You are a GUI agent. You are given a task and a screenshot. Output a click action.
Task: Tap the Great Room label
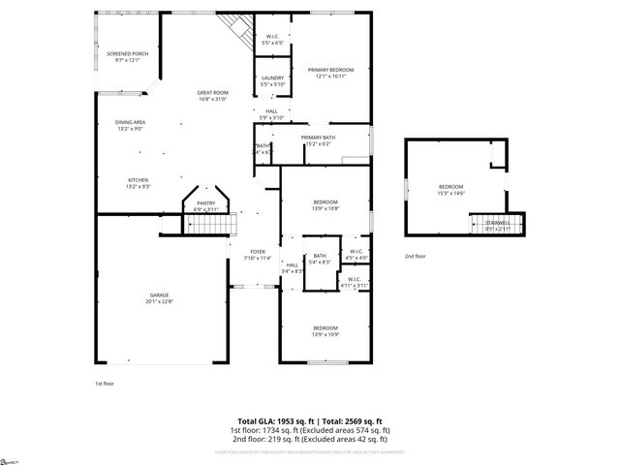pyautogui.click(x=212, y=92)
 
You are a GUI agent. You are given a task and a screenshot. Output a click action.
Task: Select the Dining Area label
pyautogui.click(x=130, y=122)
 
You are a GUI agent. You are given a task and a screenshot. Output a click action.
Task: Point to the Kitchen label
pyautogui.click(x=139, y=180)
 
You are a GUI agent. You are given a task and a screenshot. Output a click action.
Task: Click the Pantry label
pyautogui.click(x=206, y=202)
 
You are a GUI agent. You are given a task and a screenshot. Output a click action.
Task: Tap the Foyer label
pyautogui.click(x=258, y=251)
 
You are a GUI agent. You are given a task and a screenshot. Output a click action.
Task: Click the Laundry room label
pyautogui.click(x=271, y=77)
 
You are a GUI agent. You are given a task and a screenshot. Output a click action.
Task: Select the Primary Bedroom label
pyautogui.click(x=330, y=70)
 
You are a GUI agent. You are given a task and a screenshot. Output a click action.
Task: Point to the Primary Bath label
pyautogui.click(x=318, y=138)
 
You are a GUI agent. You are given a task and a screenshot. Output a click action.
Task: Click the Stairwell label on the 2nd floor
pyautogui.click(x=498, y=224)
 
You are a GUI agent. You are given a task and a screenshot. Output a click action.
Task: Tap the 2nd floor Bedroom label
pyautogui.click(x=451, y=186)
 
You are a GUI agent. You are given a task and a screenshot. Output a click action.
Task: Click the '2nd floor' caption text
pyautogui.click(x=415, y=256)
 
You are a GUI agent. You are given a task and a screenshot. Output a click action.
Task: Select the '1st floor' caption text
pyautogui.click(x=105, y=384)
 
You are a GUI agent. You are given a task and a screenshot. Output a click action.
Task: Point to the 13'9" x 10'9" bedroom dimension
pyautogui.click(x=325, y=334)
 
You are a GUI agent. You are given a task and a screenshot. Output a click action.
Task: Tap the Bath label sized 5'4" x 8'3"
pyautogui.click(x=320, y=256)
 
